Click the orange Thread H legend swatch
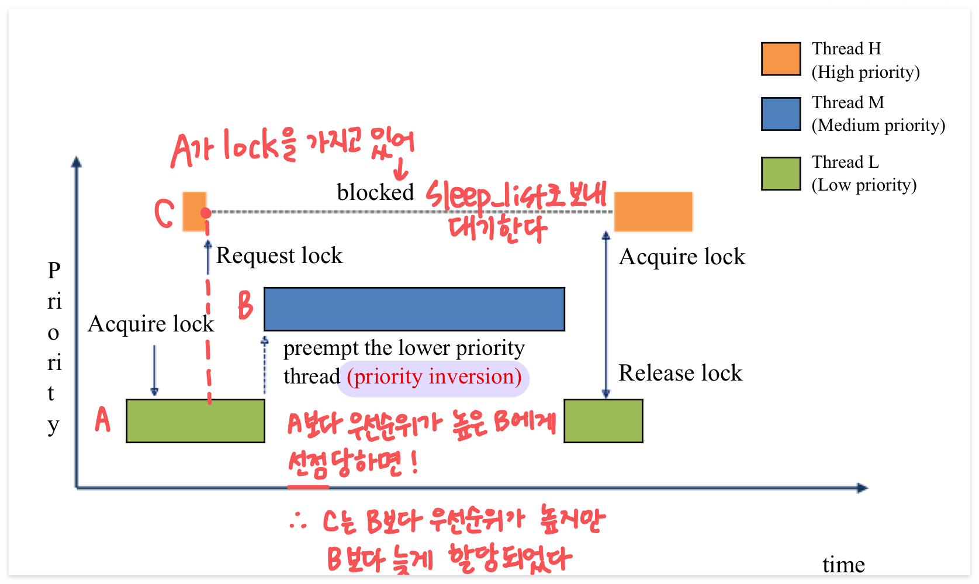click(780, 58)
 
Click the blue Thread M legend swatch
click(780, 113)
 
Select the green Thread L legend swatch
click(780, 174)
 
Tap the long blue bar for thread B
click(414, 309)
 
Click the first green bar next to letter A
click(195, 420)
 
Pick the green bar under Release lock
click(603, 420)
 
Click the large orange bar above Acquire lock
click(653, 211)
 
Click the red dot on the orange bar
click(206, 213)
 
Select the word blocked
click(375, 192)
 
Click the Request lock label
click(279, 255)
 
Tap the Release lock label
click(680, 373)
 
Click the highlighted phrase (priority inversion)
click(434, 376)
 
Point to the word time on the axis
click(843, 564)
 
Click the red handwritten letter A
click(103, 419)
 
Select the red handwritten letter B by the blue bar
click(245, 305)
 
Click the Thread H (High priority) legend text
click(865, 60)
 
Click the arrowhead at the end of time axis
click(862, 488)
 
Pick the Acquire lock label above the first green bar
click(151, 324)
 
